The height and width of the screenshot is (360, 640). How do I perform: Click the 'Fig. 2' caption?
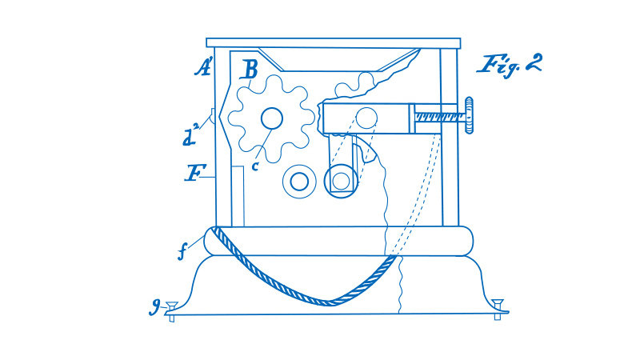click(510, 66)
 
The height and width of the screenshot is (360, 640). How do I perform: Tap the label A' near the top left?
click(203, 67)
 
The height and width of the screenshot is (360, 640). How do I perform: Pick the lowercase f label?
click(182, 252)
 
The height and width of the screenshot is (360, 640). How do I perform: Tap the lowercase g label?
click(154, 306)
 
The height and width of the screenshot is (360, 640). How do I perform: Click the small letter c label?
click(255, 166)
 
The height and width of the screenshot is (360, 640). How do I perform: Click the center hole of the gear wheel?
click(272, 118)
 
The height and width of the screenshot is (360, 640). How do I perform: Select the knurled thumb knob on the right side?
click(469, 114)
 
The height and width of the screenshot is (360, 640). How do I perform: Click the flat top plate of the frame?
click(334, 43)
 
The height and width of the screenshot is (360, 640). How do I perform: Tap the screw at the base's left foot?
click(171, 310)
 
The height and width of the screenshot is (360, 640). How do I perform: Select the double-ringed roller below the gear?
click(299, 182)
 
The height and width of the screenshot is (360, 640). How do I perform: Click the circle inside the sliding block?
click(366, 118)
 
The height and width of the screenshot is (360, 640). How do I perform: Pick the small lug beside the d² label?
click(212, 116)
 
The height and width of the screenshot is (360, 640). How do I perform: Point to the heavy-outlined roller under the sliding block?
click(342, 181)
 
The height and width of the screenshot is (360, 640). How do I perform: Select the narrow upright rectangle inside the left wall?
click(238, 196)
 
